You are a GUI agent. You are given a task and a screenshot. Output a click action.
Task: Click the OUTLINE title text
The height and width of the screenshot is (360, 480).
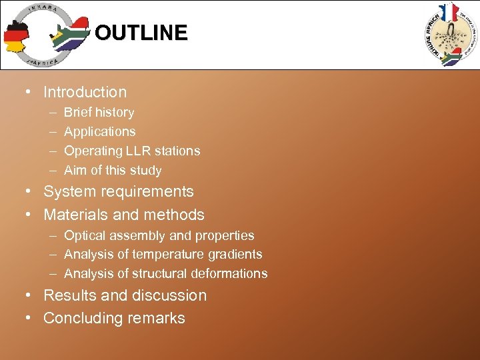click(x=141, y=33)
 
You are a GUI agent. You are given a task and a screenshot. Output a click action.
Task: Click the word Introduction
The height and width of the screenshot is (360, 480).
click(x=85, y=92)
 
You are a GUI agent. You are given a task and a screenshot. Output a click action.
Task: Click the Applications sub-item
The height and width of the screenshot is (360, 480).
click(x=99, y=132)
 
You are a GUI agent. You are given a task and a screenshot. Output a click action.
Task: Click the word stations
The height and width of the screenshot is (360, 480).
click(x=177, y=151)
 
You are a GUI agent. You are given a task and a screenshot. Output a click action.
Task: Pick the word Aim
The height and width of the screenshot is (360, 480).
click(x=75, y=171)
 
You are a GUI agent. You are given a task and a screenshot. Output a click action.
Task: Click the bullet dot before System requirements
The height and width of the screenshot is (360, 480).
click(x=30, y=192)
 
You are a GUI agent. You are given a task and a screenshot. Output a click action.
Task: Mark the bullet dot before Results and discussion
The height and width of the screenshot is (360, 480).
click(x=30, y=295)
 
